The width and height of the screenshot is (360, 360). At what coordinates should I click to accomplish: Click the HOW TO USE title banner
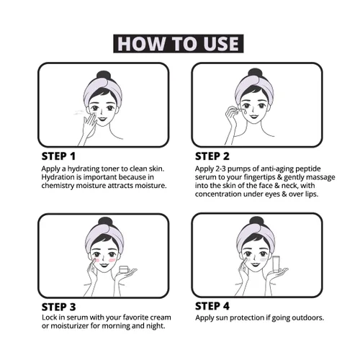pos(179,44)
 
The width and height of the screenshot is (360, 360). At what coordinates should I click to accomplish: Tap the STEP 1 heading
pos(58,156)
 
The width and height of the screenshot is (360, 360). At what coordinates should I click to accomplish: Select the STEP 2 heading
pos(212,156)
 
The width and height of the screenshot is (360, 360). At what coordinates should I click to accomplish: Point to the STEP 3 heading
pos(58,307)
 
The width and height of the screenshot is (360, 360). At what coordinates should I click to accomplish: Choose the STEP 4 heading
pos(212,306)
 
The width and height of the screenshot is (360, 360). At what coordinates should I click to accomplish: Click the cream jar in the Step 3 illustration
pos(124,269)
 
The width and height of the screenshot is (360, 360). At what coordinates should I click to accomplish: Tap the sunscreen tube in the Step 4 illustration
pos(276,264)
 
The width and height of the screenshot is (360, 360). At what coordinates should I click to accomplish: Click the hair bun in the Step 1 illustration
pos(104,76)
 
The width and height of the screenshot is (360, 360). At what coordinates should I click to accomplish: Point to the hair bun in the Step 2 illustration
pos(255,73)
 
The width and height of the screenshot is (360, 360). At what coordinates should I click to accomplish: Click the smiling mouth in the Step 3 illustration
pos(104,265)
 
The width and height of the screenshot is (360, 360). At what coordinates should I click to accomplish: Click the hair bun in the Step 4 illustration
pos(256,221)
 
